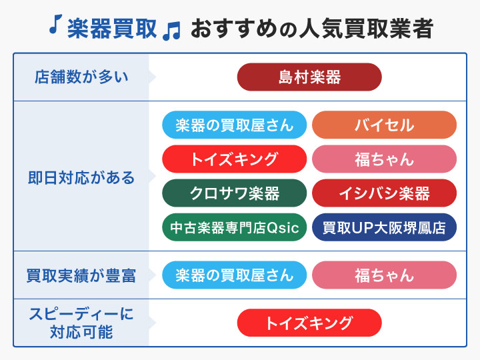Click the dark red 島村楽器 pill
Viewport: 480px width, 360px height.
[x=309, y=77]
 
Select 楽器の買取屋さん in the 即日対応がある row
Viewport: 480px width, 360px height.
[x=235, y=125]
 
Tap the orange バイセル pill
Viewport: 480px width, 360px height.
[x=384, y=125]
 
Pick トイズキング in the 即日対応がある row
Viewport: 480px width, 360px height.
[x=235, y=159]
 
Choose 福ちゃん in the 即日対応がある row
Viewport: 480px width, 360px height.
[x=384, y=159]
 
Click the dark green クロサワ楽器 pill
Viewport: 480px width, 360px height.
[x=235, y=193]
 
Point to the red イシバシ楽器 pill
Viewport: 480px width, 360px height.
[x=384, y=193]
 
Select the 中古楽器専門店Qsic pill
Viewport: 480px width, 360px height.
[x=235, y=227]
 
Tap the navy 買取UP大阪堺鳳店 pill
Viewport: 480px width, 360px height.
[x=384, y=227]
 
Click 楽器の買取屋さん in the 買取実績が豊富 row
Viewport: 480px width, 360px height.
[x=235, y=275]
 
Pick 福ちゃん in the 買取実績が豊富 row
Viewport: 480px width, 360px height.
[x=384, y=275]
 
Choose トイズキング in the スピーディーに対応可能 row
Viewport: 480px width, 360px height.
[x=309, y=323]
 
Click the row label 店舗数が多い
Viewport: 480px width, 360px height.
[x=81, y=77]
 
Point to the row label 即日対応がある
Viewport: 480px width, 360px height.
[x=81, y=177]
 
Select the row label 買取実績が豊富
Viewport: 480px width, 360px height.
[x=81, y=275]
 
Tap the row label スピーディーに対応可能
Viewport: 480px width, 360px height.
[x=81, y=323]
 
